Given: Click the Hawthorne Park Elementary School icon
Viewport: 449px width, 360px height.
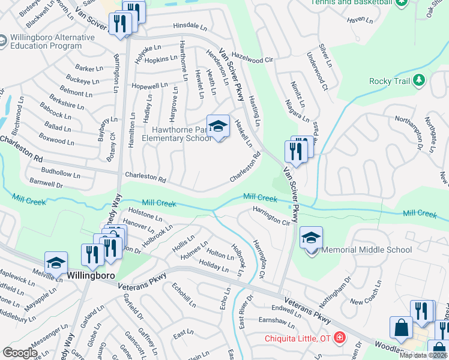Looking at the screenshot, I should coord(218,127).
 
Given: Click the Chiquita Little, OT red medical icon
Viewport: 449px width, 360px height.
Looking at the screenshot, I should coord(339,338).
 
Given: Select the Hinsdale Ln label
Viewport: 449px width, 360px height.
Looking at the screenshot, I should coord(189,26).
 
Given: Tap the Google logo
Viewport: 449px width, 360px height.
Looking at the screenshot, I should coord(20,352).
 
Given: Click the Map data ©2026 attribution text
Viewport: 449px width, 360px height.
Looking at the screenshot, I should coord(424,355).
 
